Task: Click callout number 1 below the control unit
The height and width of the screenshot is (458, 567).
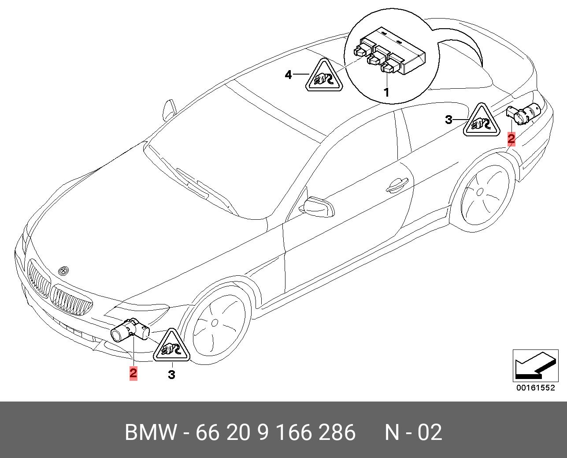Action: [386, 93]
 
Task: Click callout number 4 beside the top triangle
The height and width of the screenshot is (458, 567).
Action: [288, 75]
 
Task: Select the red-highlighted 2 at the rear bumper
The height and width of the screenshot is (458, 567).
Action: [511, 139]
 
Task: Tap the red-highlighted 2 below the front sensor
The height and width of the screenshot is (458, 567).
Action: [133, 373]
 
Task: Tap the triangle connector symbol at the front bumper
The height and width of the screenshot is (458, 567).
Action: [172, 348]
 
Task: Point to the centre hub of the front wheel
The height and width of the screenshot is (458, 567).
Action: [215, 323]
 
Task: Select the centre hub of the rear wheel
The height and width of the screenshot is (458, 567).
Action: [481, 192]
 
